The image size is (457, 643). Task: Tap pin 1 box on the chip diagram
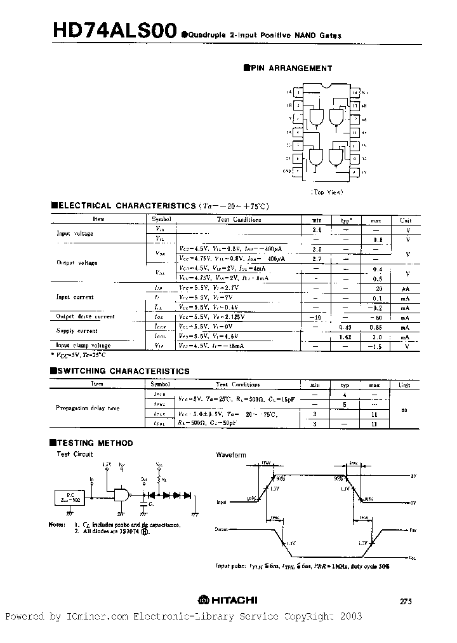(299, 93)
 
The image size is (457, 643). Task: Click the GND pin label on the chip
(287, 171)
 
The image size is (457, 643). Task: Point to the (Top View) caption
(327, 191)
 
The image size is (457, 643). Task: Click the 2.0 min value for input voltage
(317, 229)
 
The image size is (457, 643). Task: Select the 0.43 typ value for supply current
(346, 327)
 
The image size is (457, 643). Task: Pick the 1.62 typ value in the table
(346, 337)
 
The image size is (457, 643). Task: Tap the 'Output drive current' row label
(85, 316)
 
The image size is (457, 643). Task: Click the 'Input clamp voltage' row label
(83, 346)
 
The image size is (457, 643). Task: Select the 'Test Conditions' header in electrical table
(239, 220)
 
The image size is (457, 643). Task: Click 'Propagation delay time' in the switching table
(88, 409)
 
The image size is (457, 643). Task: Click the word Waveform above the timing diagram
(231, 455)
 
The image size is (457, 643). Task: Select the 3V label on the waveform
(412, 475)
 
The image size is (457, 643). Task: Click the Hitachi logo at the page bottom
(228, 600)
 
